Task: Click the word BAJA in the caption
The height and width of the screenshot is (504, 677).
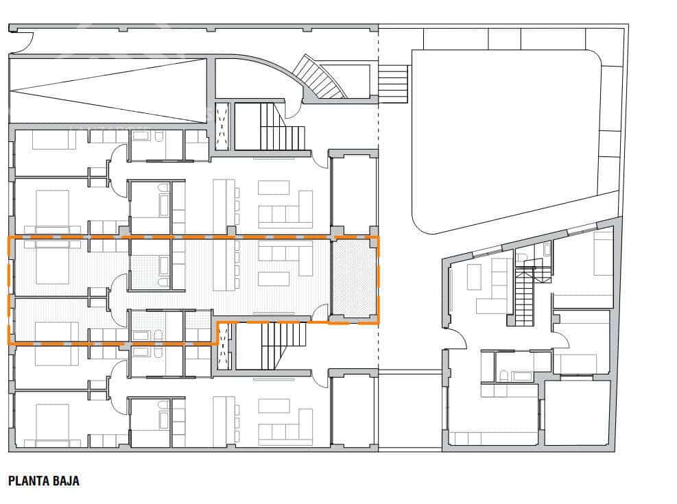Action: pos(67,481)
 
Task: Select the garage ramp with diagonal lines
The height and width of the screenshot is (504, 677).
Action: pos(108,91)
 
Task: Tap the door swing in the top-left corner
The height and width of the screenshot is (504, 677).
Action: pos(20,43)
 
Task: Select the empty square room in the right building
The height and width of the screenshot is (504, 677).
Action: pos(577,412)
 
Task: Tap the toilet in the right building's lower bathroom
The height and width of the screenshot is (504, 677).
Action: pos(504,375)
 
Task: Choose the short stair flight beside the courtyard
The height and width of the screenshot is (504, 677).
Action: pos(393,84)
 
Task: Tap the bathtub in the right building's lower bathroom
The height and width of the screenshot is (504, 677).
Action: pos(523,376)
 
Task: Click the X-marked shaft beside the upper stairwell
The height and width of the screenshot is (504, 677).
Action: pos(222,126)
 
